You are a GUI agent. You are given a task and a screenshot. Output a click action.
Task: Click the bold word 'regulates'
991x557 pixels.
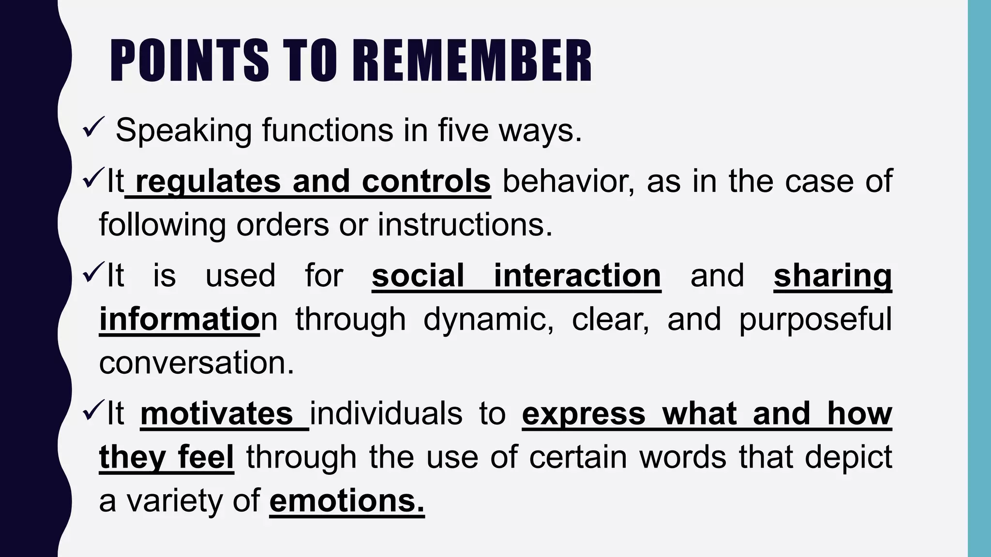(x=208, y=181)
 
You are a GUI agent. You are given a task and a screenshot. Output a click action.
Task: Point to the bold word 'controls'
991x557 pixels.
(x=426, y=181)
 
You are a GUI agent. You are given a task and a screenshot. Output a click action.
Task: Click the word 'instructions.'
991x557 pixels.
(x=465, y=225)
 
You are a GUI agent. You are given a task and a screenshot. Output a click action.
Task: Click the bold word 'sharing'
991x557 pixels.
(x=832, y=276)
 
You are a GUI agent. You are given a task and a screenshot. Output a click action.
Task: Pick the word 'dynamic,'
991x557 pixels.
(x=489, y=319)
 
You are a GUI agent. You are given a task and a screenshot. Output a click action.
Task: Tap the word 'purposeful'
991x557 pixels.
(x=815, y=319)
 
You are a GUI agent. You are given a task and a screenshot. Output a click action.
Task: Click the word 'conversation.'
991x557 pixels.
(x=196, y=363)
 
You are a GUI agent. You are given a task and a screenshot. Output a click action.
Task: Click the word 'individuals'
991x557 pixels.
(x=386, y=413)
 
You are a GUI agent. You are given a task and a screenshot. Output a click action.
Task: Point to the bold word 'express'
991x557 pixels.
(x=584, y=413)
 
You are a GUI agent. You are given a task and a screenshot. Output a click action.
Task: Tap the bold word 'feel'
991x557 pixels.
(x=206, y=457)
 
